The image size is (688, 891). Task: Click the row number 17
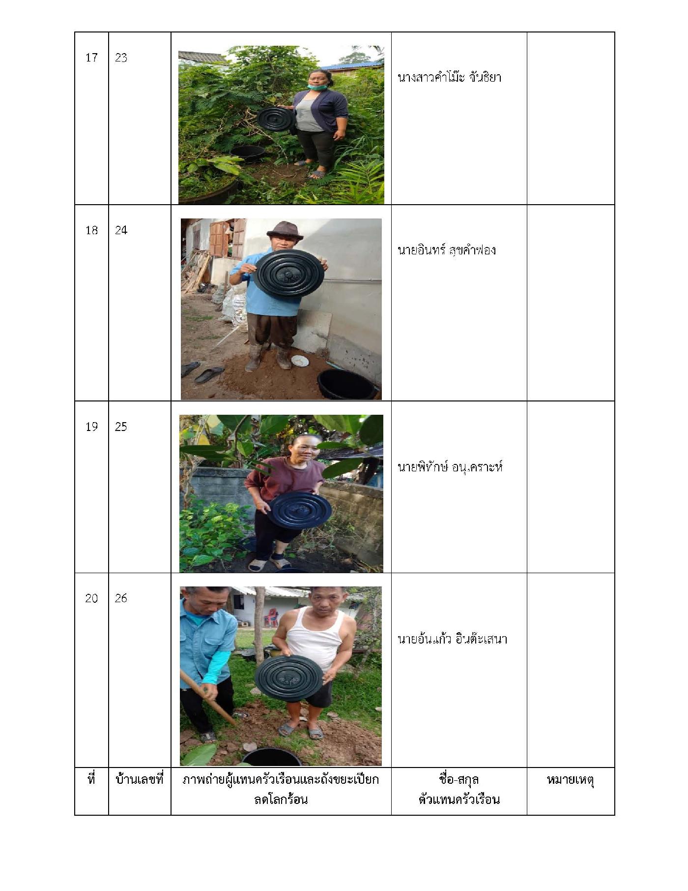[x=91, y=58]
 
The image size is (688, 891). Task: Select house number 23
[x=121, y=58]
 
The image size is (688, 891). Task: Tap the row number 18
[x=91, y=230]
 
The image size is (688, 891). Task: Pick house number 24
[x=121, y=230]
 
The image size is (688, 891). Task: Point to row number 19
[x=91, y=427]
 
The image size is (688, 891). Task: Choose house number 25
[x=121, y=427]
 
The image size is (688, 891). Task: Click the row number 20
[x=91, y=598]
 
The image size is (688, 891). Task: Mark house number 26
[x=121, y=598]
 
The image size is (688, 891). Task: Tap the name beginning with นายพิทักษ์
[x=450, y=466]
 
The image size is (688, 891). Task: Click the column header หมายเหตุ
[x=571, y=780]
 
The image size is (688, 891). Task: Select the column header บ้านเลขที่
[x=139, y=780]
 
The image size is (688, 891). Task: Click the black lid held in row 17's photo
[x=276, y=118]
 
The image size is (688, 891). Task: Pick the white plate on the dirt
[x=300, y=361]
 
